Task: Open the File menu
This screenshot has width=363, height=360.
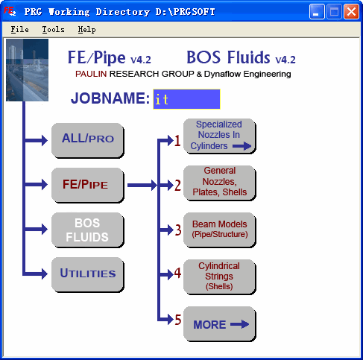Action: coord(19,30)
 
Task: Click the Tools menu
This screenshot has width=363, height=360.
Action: coord(53,30)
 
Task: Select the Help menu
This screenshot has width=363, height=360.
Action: coord(86,30)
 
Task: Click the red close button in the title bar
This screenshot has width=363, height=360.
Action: coord(351,11)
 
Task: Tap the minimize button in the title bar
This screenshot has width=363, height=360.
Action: coord(317,11)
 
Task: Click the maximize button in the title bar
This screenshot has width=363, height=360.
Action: coord(334,11)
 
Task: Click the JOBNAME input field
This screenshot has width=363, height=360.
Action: coord(186,99)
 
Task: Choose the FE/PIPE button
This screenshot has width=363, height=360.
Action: coord(87,185)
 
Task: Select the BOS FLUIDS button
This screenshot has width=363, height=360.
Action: coord(87,230)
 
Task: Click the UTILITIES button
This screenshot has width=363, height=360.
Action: coord(87,274)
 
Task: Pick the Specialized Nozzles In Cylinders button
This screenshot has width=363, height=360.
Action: coord(220,136)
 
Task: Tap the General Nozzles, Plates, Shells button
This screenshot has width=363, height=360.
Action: coord(220,183)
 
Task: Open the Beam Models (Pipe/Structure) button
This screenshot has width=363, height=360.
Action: coord(220,230)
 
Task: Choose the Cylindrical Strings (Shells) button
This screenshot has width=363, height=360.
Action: coord(220,277)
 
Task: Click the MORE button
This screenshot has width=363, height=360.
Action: coord(220,324)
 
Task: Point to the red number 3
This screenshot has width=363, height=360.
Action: coord(178,230)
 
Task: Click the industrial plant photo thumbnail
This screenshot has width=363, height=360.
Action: coord(27,70)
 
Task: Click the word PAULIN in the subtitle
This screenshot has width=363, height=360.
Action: coord(91,74)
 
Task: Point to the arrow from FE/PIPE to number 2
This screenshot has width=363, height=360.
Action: coord(142,185)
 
